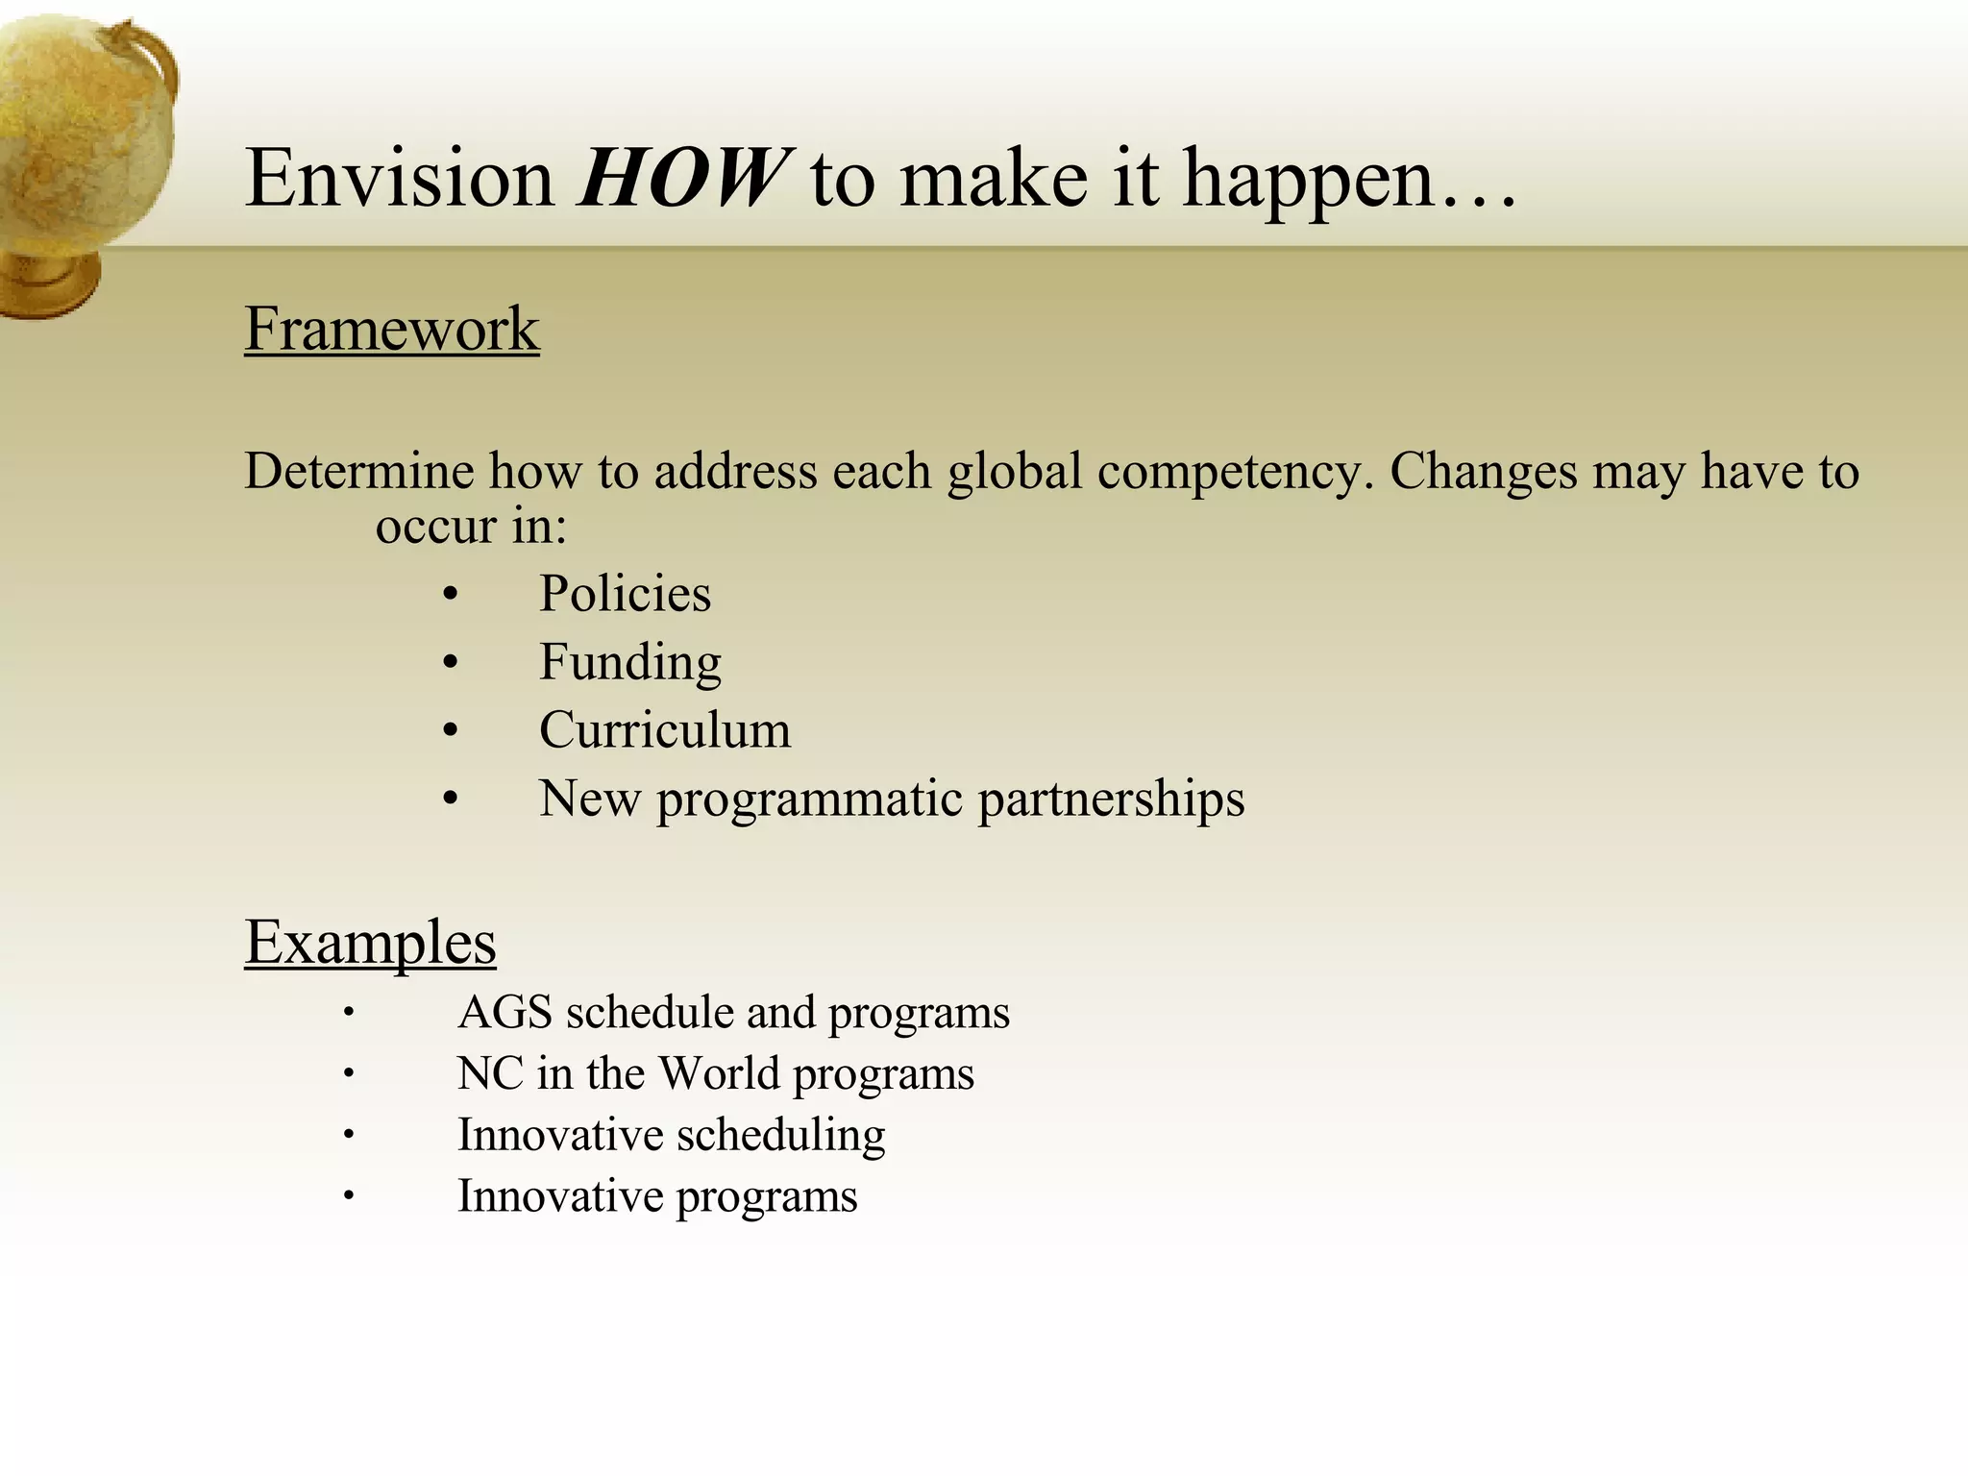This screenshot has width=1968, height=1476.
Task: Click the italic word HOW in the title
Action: coord(684,179)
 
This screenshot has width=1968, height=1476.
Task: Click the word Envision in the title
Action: coord(400,179)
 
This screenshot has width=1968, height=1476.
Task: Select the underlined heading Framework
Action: coord(392,329)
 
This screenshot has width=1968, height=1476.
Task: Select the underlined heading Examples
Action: coord(370,942)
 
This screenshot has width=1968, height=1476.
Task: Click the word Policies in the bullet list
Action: coord(625,593)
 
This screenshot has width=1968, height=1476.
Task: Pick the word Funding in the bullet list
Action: coord(629,662)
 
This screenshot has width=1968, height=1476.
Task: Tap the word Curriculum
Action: coord(665,730)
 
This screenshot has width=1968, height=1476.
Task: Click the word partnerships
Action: coord(1111,799)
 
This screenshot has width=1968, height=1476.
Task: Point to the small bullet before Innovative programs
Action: coord(349,1196)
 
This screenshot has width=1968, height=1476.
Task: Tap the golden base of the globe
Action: coord(48,283)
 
